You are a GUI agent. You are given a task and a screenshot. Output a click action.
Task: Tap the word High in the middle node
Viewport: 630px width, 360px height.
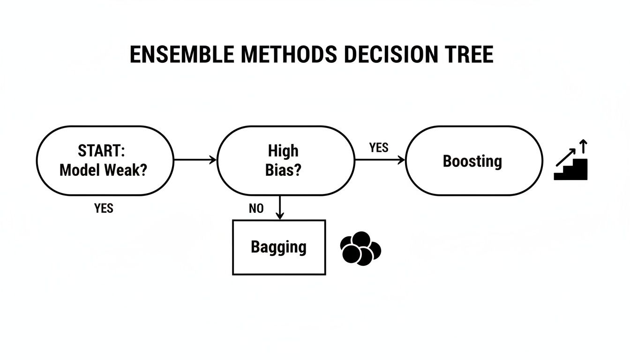click(x=283, y=151)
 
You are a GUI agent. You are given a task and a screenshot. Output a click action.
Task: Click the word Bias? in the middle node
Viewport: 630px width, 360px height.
click(x=283, y=170)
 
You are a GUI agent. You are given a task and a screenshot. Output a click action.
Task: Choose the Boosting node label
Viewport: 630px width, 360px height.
click(x=472, y=161)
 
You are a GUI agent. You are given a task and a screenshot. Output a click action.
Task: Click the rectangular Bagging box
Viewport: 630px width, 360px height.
click(x=279, y=247)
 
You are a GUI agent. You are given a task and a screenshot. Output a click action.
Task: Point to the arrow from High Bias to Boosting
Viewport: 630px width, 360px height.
click(x=380, y=160)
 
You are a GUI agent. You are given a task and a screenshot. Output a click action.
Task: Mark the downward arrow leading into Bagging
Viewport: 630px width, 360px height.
click(x=280, y=208)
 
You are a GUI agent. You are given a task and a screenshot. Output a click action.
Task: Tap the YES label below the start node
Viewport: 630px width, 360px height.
click(x=104, y=208)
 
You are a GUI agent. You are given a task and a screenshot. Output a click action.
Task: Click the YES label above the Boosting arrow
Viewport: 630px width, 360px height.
click(x=379, y=148)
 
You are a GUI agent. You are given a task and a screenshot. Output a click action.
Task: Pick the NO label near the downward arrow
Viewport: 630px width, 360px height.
click(x=256, y=209)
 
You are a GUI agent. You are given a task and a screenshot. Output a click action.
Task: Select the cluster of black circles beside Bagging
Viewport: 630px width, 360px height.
click(x=360, y=248)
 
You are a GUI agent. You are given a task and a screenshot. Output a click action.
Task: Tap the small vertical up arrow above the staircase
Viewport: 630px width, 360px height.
click(x=583, y=146)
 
